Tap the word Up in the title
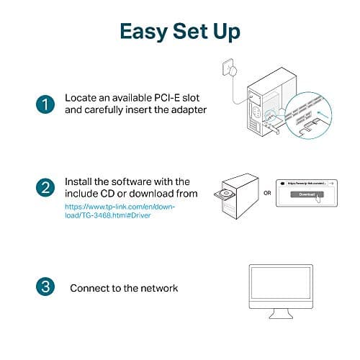[226, 32]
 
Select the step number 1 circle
[44, 104]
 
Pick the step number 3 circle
[44, 287]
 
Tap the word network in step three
[157, 288]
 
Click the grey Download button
[307, 194]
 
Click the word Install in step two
[79, 181]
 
